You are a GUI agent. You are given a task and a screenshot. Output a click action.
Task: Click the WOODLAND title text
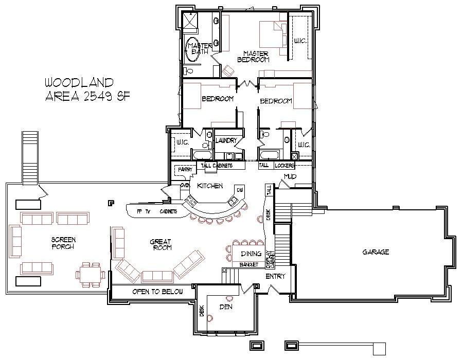pos(79,82)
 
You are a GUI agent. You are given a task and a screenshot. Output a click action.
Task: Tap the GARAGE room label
pos(376,252)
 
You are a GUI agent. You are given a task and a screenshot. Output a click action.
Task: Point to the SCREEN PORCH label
pos(63,243)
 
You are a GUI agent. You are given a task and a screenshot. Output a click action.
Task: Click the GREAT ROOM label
pos(161,245)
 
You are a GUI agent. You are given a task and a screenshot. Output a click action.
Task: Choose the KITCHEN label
pos(210,186)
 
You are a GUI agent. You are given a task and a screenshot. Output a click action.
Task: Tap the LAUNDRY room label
pos(226,140)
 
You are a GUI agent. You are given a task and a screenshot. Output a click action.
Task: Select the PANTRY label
pos(185,169)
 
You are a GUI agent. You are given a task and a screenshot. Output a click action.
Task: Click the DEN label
pos(225,307)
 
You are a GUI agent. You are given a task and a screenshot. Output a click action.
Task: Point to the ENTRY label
pos(275,277)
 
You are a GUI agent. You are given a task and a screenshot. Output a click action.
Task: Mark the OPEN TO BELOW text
pos(157,292)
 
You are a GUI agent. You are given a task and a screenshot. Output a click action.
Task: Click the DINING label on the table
pos(251,254)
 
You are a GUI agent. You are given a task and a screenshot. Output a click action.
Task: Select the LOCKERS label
pos(284,166)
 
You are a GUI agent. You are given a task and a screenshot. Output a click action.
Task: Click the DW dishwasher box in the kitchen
pos(240,190)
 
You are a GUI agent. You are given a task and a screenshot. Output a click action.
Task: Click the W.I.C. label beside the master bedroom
pos(300,40)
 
